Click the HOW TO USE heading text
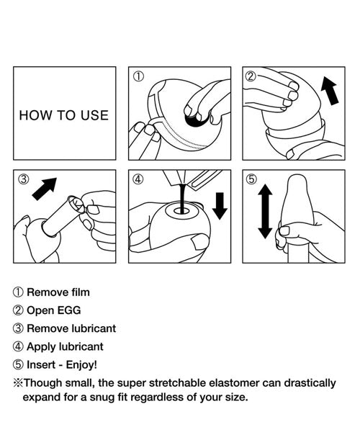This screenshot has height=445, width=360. [64, 115]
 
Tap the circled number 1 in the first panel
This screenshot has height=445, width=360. [138, 76]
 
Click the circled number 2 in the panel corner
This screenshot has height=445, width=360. [251, 76]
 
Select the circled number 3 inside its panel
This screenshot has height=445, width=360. [24, 179]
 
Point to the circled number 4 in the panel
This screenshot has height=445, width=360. [138, 179]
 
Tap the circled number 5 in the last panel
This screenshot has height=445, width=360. [251, 179]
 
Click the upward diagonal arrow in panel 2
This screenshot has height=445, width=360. [330, 91]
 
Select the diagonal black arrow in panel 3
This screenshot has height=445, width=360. [45, 189]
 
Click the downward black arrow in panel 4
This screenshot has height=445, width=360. [220, 206]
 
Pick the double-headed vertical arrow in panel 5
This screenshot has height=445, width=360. [265, 211]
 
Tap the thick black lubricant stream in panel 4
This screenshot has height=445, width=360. [182, 198]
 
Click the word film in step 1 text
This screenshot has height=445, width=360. [81, 292]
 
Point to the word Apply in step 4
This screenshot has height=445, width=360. [39, 347]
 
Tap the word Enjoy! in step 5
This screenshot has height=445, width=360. [81, 364]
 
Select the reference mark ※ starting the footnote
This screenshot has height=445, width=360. [18, 383]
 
